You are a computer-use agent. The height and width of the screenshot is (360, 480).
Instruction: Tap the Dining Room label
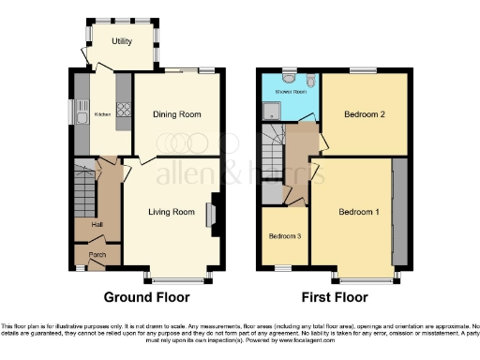tap(177, 114)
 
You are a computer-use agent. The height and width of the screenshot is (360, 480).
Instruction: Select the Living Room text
tap(172, 213)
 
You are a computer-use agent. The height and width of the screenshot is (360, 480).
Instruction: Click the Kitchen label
tap(102, 115)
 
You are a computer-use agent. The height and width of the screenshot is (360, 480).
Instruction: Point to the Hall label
tap(97, 224)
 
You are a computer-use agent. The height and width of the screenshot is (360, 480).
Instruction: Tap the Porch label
tap(97, 254)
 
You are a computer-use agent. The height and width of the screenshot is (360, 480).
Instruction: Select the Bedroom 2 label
tap(365, 114)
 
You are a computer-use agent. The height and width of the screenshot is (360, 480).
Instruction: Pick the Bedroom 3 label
tap(282, 235)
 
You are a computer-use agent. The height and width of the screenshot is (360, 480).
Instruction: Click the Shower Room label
tap(290, 92)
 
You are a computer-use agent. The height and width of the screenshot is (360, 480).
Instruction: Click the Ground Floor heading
tap(146, 297)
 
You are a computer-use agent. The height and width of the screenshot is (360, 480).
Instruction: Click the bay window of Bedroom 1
tap(366, 279)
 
